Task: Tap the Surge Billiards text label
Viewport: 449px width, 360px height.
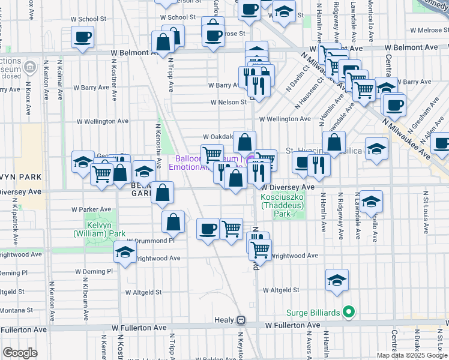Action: point(315,312)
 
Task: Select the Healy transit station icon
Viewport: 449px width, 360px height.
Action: point(241,320)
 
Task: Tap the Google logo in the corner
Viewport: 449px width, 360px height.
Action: point(20,353)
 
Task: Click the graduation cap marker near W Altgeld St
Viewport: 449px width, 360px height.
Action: point(337,280)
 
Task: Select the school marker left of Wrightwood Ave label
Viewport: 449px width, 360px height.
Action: point(125,252)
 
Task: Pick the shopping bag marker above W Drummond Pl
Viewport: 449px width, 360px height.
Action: point(173,223)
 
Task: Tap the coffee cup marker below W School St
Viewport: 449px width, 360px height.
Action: point(82,37)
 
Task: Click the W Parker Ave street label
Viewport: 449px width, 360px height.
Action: point(91,209)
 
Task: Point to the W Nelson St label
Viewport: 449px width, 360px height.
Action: point(228,102)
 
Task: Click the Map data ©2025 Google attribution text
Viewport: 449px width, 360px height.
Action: point(411,355)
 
